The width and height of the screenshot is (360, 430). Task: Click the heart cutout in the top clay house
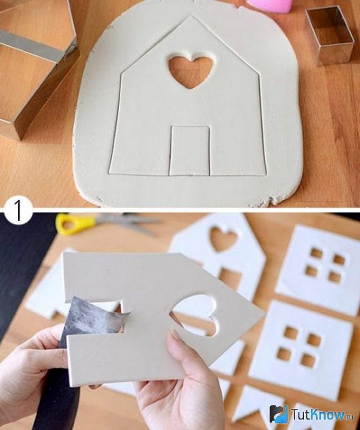pos(191,71)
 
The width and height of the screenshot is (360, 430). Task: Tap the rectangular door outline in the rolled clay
pos(190,151)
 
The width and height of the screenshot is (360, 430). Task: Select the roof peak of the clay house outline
pos(191,16)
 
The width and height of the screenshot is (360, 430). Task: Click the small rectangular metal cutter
pos(329,36)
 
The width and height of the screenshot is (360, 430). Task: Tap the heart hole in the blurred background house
pos(223,239)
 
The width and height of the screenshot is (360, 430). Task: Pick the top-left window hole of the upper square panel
pos(316,253)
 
